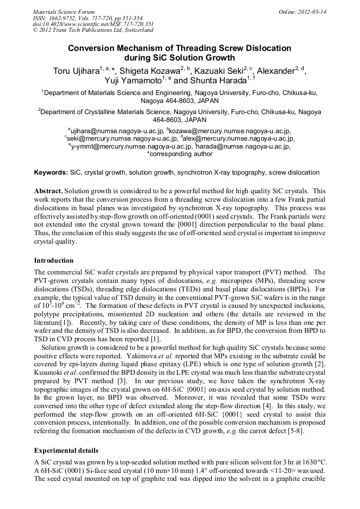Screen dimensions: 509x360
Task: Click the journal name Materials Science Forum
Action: point(63,11)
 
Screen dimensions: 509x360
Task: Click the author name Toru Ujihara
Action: point(75,72)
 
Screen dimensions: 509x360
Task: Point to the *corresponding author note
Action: point(179,154)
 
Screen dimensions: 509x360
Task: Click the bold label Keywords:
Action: point(51,172)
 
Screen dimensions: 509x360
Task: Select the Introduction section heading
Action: point(54,261)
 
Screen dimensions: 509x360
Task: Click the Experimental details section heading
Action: point(66,451)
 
